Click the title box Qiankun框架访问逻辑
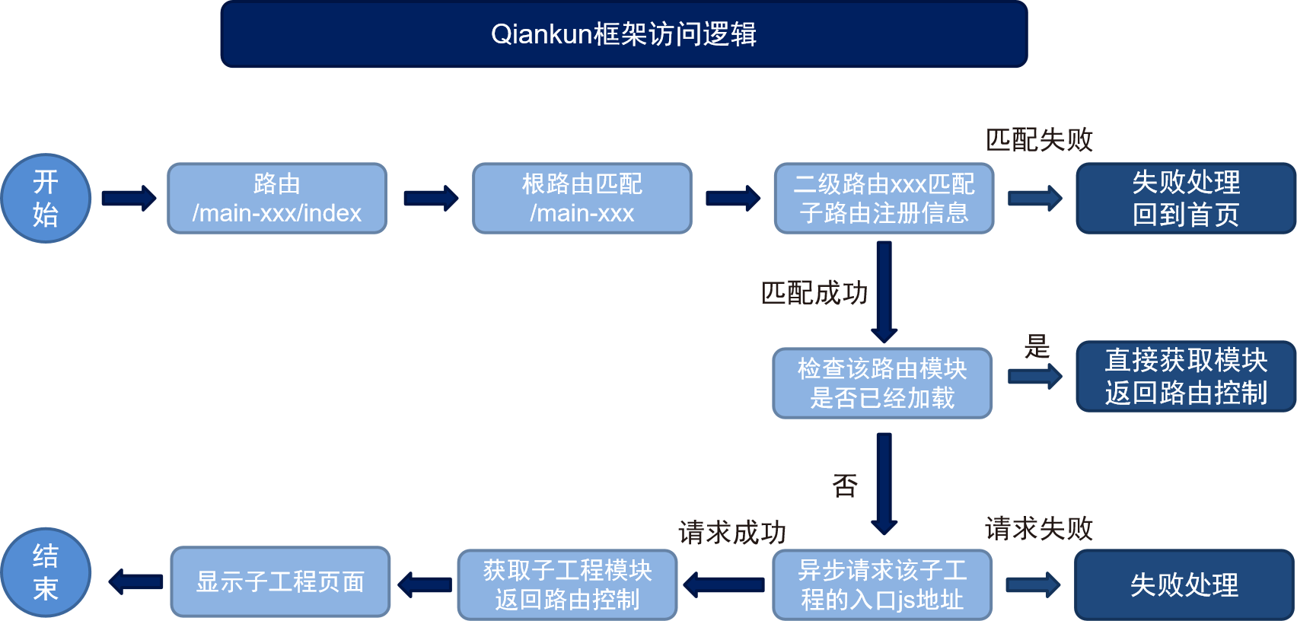623,34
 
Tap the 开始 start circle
46,199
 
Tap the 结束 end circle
46,572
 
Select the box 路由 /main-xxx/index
277,199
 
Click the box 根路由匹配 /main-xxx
582,199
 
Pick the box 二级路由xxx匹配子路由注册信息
884,199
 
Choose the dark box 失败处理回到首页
1185,199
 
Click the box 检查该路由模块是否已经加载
882,383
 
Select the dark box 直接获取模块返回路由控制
1185,377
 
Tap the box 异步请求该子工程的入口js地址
882,584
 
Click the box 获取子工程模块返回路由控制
567,584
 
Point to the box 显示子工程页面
280,582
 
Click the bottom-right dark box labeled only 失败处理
1184,584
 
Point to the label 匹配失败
1039,139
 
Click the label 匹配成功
814,293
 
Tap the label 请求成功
731,533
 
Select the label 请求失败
1039,528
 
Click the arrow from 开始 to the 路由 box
129,199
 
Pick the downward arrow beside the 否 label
884,483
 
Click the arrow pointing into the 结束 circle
136,582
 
